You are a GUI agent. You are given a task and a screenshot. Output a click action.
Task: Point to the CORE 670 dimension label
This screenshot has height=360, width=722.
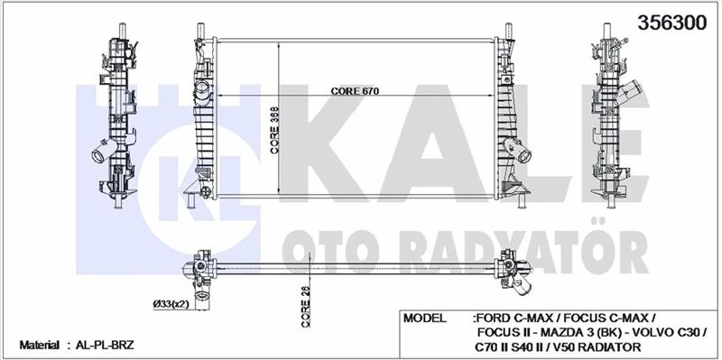[x=355, y=92]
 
